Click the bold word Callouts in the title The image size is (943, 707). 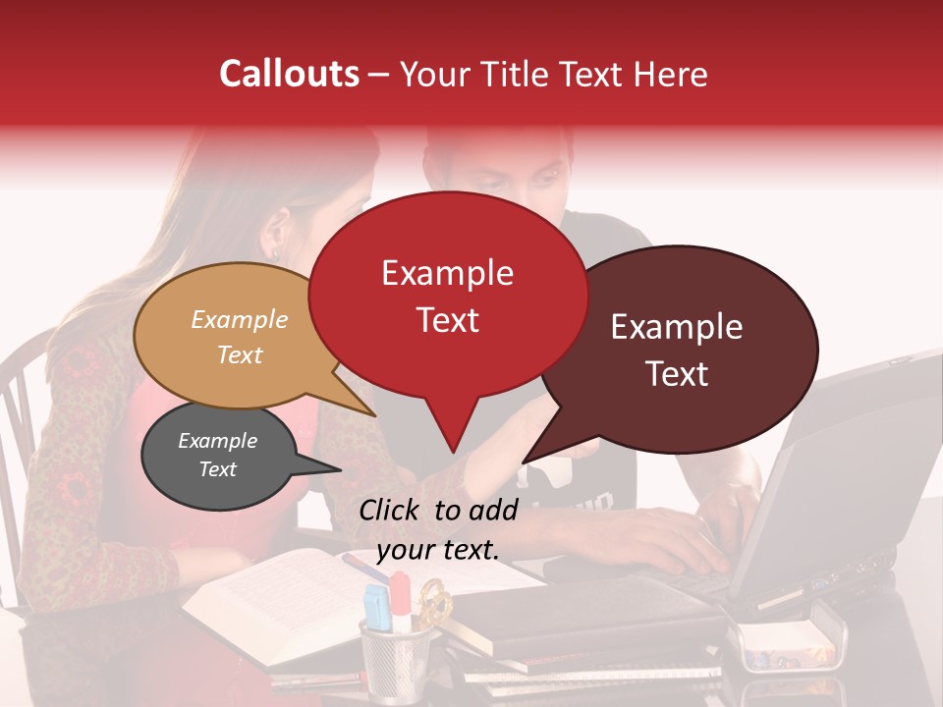[289, 75]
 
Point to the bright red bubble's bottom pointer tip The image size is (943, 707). [453, 452]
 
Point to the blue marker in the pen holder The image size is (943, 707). [376, 607]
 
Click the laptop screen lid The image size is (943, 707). [845, 462]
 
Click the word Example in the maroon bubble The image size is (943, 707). [677, 327]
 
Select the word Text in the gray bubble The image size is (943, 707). [218, 469]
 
